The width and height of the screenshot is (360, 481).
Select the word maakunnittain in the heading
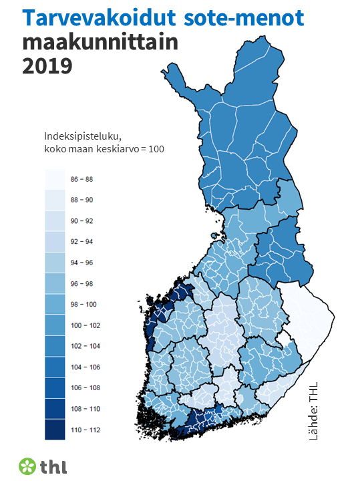pyautogui.click(x=100, y=43)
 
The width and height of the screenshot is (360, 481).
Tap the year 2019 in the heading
pyautogui.click(x=47, y=67)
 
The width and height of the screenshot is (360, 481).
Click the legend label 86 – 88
pyautogui.click(x=83, y=180)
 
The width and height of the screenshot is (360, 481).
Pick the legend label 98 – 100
pyautogui.click(x=83, y=304)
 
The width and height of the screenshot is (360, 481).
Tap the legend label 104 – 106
pyautogui.click(x=84, y=366)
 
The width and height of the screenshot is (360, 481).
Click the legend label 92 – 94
pyautogui.click(x=83, y=242)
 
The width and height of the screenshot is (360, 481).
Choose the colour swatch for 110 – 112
pyautogui.click(x=54, y=429)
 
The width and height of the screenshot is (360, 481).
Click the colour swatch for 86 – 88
pyautogui.click(x=54, y=180)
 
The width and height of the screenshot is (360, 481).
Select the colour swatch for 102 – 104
pyautogui.click(x=54, y=345)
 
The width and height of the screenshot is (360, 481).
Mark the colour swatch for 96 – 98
pyautogui.click(x=54, y=283)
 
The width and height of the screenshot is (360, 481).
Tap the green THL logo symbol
pyautogui.click(x=27, y=466)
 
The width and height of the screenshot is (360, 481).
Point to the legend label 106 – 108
pyautogui.click(x=84, y=387)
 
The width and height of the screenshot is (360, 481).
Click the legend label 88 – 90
pyautogui.click(x=83, y=200)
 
